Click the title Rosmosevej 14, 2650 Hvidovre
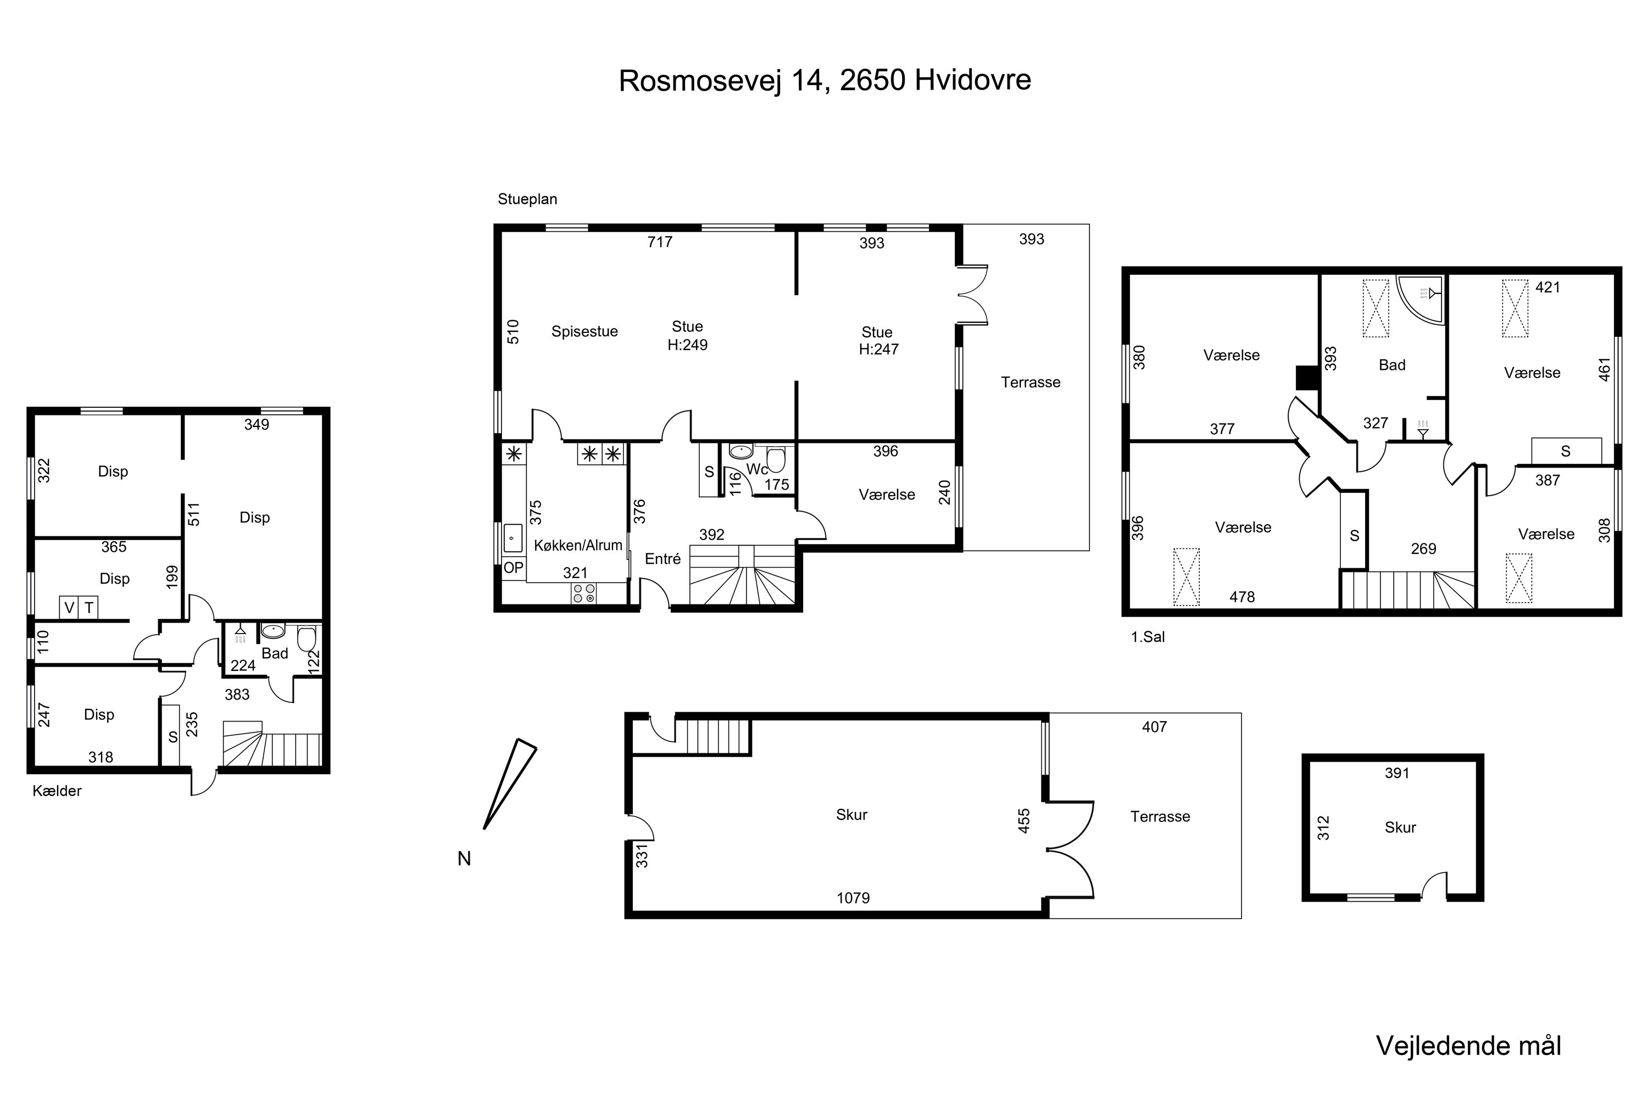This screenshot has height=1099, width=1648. point(825,81)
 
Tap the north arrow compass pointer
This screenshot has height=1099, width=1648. point(510,784)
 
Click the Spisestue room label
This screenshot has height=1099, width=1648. point(584,331)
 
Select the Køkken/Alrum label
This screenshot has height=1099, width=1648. point(578,545)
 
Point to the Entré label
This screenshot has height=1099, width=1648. point(663,559)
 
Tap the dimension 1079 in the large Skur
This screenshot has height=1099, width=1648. point(853,898)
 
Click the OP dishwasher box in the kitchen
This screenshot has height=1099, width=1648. point(514,568)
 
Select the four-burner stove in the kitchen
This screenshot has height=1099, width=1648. point(584,593)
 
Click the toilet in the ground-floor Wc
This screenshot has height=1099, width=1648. point(776,460)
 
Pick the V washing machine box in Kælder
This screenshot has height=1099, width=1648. point(69,608)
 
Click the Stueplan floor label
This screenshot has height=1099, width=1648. point(527,199)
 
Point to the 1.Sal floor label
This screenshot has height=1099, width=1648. point(1148,637)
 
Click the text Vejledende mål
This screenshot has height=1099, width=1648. point(1468,1046)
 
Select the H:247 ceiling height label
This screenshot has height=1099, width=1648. point(878,349)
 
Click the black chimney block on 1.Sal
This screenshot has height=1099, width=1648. point(1307,378)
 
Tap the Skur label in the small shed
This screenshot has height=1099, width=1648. point(1400,828)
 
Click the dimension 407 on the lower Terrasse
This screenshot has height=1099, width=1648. point(1154,727)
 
